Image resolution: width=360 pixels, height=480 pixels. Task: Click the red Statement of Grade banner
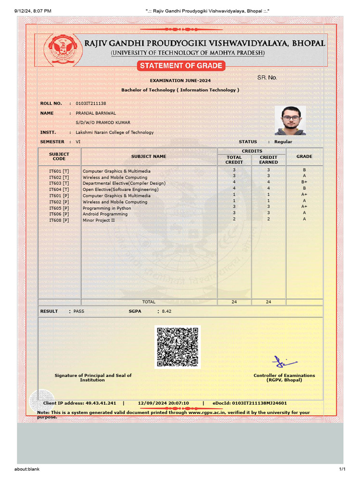tap(180, 66)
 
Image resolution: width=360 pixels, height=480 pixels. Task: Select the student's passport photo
tap(291, 120)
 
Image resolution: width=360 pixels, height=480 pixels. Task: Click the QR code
tap(178, 347)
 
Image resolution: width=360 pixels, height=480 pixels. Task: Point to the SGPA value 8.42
tap(167, 311)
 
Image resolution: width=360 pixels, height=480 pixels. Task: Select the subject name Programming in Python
tap(107, 208)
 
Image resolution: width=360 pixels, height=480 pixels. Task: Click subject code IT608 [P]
tap(59, 220)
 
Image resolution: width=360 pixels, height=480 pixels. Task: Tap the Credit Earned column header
tap(269, 159)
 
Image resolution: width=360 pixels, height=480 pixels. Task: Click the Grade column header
tap(304, 156)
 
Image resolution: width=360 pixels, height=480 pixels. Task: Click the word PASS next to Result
tap(79, 311)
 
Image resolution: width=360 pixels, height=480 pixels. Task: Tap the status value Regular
tap(283, 142)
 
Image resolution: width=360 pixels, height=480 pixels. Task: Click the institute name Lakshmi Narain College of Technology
tap(115, 132)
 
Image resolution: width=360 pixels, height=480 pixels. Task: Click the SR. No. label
tap(267, 77)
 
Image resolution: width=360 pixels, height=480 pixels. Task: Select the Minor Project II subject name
tap(98, 220)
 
